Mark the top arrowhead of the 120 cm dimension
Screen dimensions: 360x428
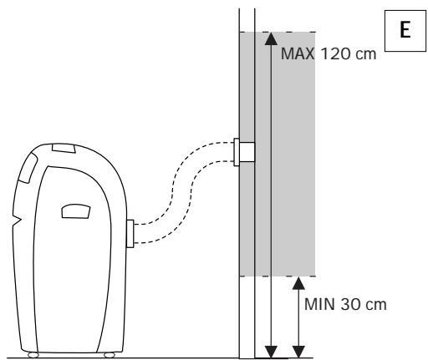click(x=269, y=38)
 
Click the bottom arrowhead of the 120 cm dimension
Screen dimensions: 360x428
click(x=269, y=350)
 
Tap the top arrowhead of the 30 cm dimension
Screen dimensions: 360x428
click(x=298, y=283)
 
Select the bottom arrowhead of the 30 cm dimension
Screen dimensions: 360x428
click(x=298, y=350)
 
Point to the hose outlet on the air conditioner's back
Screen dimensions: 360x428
click(x=130, y=233)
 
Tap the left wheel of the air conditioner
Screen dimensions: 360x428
click(x=34, y=355)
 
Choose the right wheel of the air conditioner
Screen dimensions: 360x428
click(x=110, y=355)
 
